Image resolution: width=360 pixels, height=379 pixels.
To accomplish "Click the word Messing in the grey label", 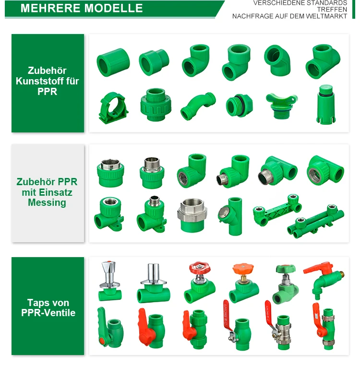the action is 47,202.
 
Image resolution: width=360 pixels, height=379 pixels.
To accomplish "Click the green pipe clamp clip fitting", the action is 113,107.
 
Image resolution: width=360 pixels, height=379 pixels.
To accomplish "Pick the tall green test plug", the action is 325,104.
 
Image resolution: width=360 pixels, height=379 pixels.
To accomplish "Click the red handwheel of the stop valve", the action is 200,268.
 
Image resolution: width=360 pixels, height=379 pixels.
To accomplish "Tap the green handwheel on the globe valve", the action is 286,268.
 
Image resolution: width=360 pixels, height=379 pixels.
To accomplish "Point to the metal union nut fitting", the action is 192,215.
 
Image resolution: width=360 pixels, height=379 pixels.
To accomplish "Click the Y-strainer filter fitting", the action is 230,216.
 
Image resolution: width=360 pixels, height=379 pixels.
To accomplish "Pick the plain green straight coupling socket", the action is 113,62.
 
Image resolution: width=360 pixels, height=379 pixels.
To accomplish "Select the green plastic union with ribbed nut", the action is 156,105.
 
